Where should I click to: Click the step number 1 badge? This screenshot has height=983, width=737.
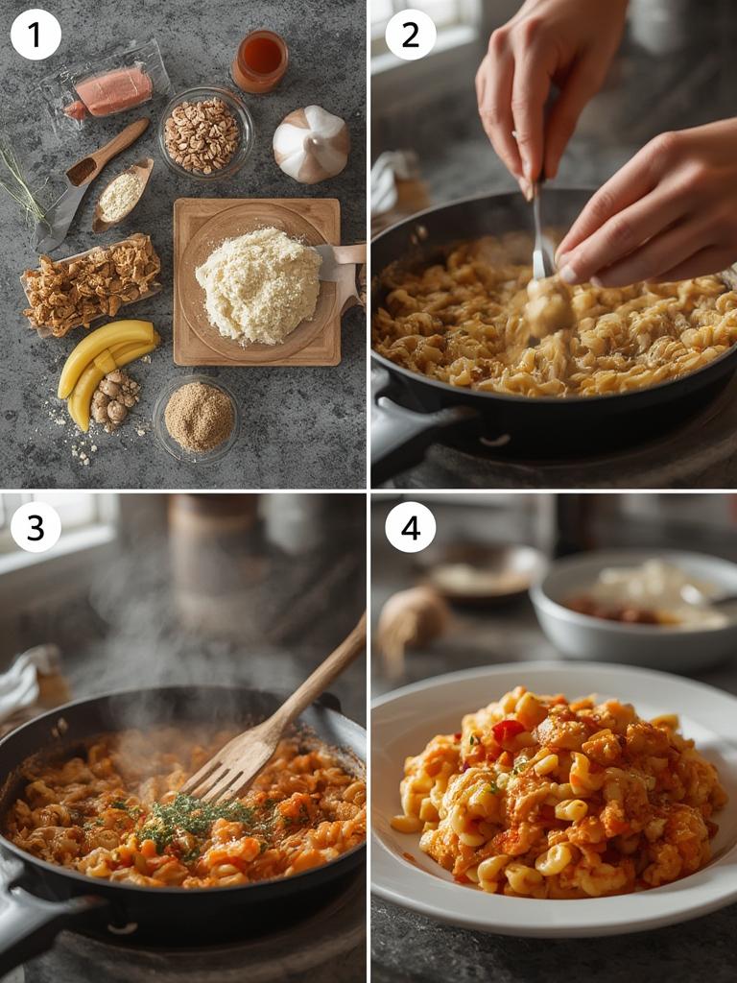click(36, 35)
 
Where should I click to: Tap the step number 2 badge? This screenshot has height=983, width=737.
click(411, 35)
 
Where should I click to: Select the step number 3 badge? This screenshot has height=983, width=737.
click(36, 527)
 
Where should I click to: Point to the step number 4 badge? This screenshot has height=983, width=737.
click(411, 527)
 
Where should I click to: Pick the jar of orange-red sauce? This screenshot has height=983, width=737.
click(259, 61)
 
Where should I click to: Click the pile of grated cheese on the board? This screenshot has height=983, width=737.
click(258, 284)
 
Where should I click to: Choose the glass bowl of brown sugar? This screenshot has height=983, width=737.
click(199, 417)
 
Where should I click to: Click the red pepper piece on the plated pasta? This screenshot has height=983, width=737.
click(509, 731)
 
